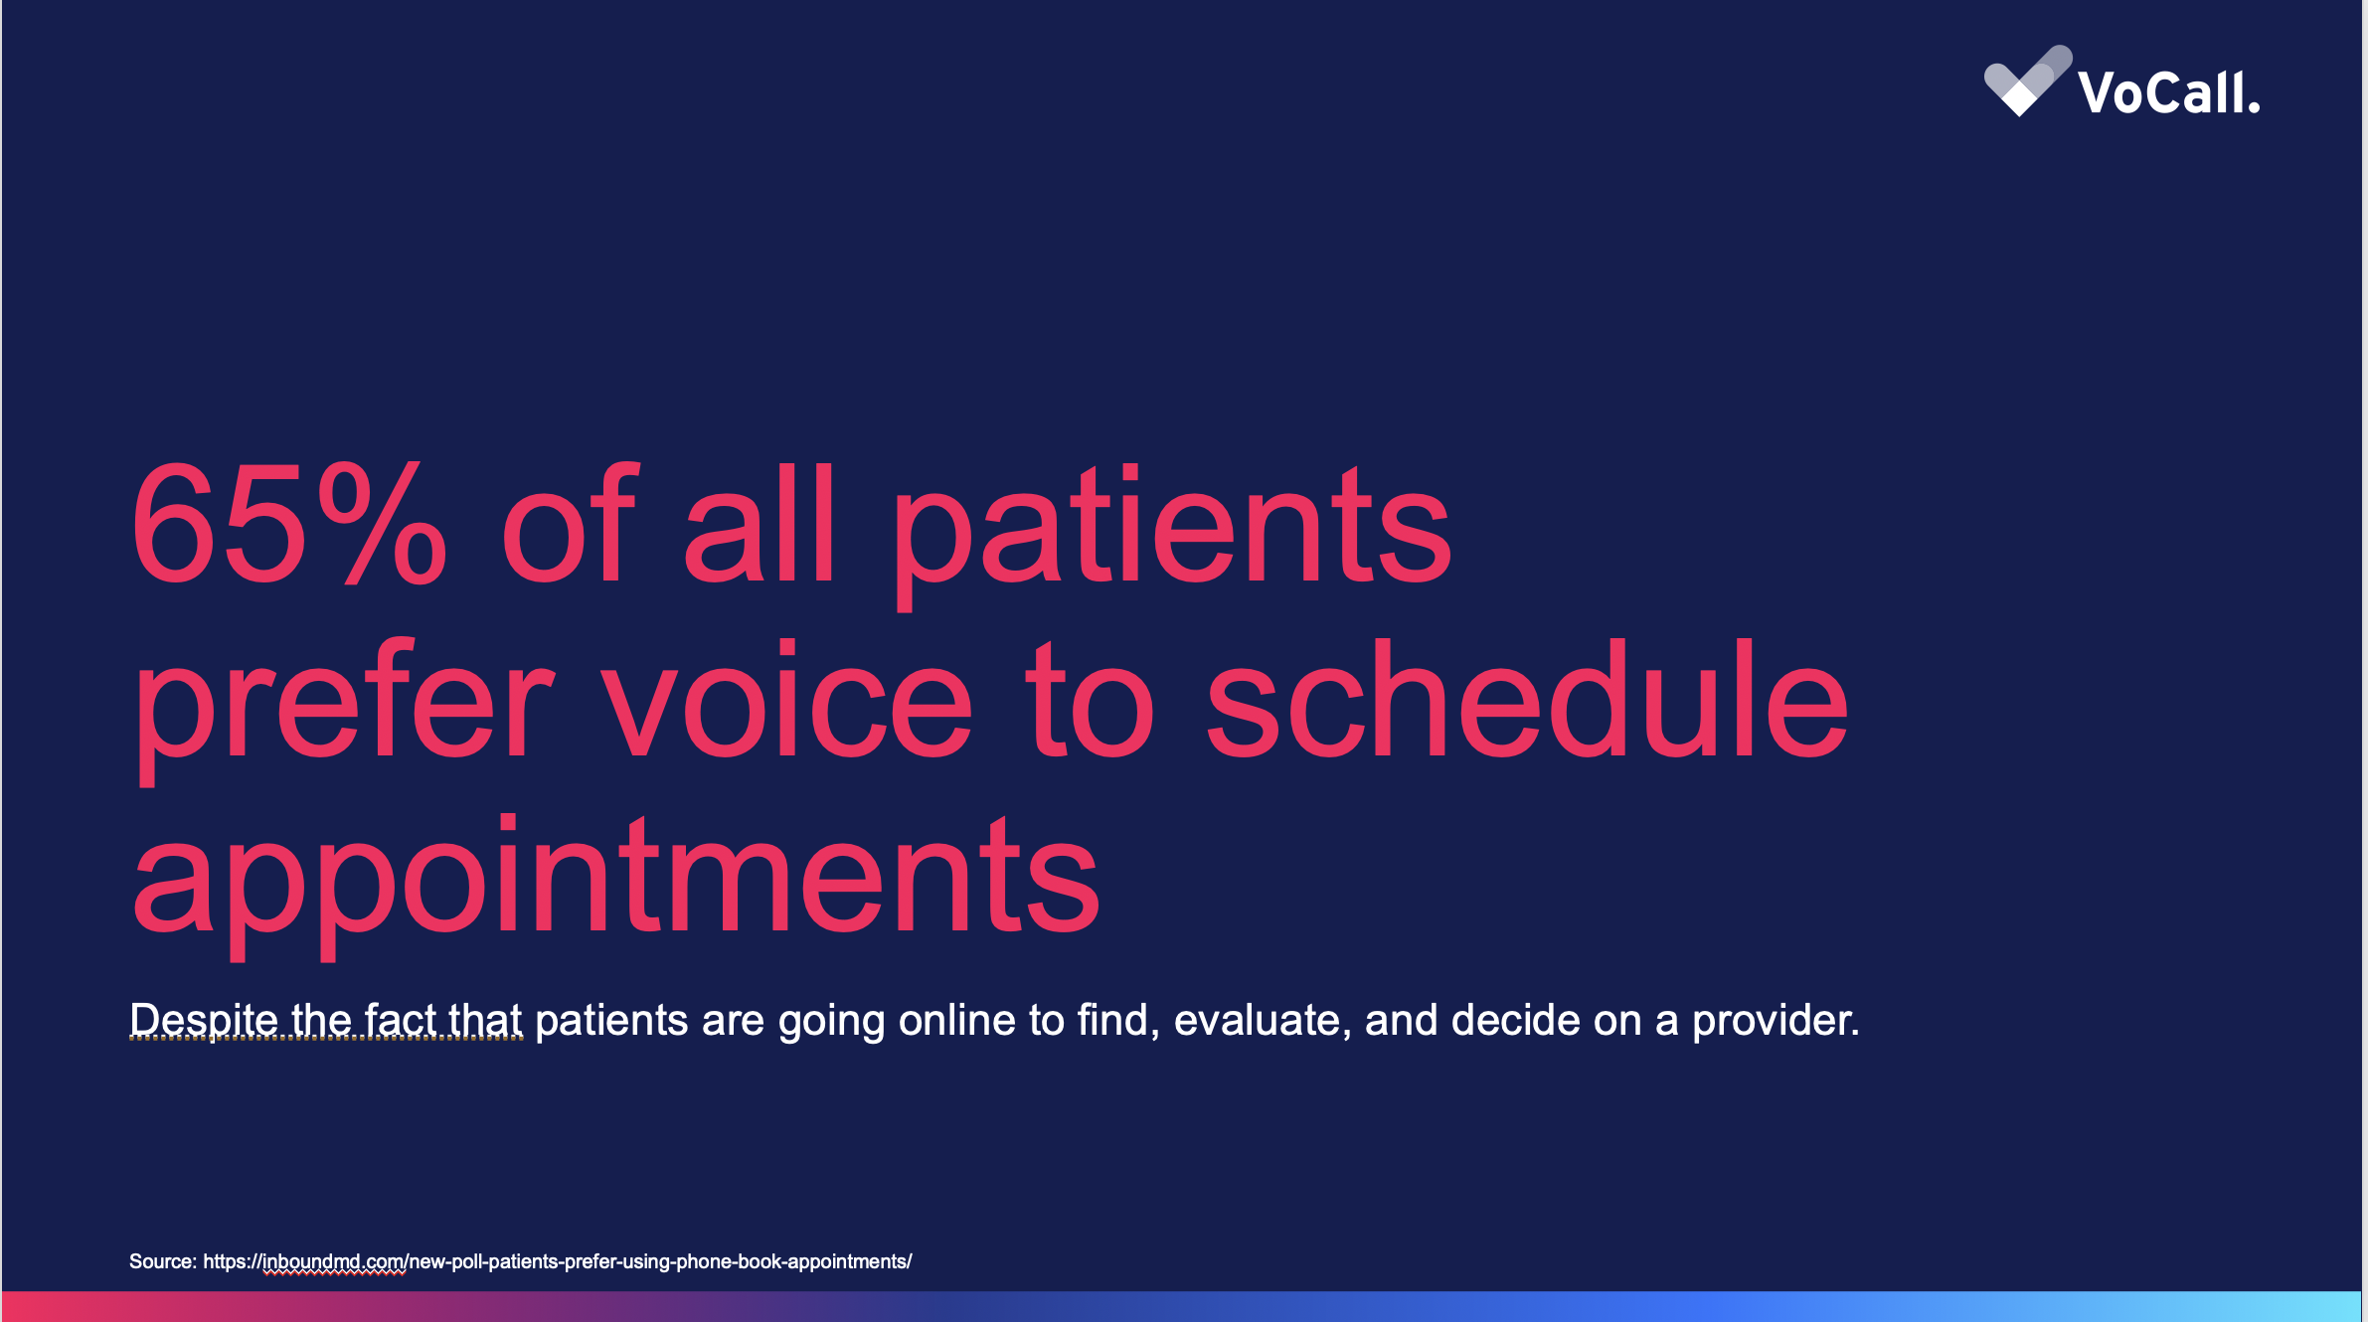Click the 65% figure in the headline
(x=289, y=523)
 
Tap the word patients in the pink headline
(x=1172, y=536)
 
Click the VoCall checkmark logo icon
(x=2028, y=81)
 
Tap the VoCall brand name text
(x=2169, y=92)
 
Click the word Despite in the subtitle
(x=204, y=1021)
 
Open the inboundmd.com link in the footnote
(x=557, y=1261)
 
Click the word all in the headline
(x=760, y=523)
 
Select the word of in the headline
(x=568, y=523)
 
